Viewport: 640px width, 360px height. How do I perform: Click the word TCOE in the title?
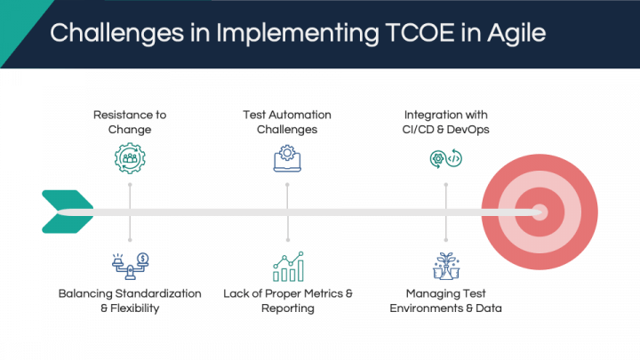click(420, 33)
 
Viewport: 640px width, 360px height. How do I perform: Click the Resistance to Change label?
click(130, 122)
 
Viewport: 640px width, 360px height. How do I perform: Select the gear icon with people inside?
click(130, 158)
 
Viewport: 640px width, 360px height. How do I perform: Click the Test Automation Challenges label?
click(287, 122)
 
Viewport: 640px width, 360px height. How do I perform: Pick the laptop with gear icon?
click(287, 158)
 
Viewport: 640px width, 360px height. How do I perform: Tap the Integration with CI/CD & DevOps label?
click(445, 122)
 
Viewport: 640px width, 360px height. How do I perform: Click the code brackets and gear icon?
click(445, 159)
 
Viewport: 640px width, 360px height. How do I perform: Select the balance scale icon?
click(130, 266)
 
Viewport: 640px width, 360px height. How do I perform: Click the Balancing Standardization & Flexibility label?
click(130, 300)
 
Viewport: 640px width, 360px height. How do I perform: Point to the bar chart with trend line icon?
click(288, 267)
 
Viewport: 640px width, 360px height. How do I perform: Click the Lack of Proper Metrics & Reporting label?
click(288, 300)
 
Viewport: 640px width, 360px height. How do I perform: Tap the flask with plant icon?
click(446, 266)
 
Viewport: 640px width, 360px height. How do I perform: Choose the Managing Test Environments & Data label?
click(445, 300)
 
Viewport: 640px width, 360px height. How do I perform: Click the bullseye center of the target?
click(540, 212)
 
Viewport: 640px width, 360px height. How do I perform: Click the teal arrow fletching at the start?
click(68, 212)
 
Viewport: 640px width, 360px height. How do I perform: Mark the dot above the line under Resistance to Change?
click(130, 185)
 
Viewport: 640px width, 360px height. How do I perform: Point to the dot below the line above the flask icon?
click(445, 240)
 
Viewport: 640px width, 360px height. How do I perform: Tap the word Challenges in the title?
click(116, 34)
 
